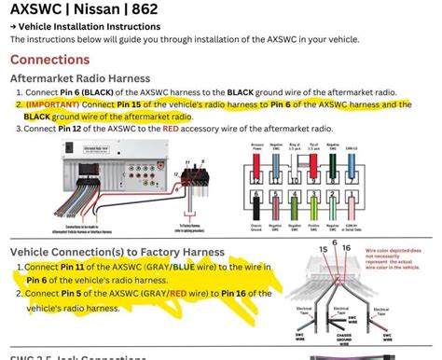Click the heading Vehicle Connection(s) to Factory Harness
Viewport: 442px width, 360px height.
pyautogui.click(x=117, y=252)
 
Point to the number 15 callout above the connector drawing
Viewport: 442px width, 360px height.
pyautogui.click(x=324, y=249)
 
